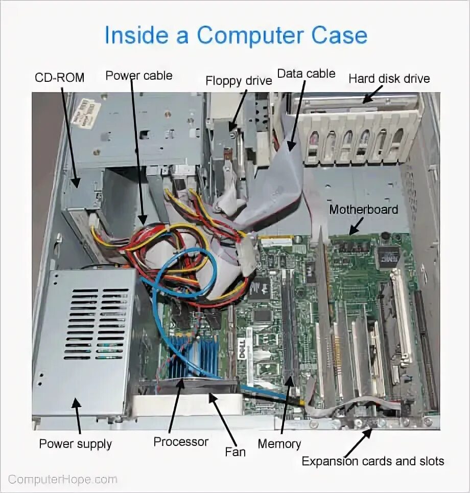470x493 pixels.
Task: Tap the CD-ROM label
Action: pos(59,78)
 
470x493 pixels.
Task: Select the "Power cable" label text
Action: pos(139,76)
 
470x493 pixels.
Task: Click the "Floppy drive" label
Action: pos(239,81)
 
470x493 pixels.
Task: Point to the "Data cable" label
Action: pos(306,74)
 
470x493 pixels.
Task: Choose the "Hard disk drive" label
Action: pos(389,79)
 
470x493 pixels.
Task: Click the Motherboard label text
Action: pos(363,210)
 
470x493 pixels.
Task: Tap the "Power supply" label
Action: pos(75,443)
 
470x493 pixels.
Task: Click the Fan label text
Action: pos(235,452)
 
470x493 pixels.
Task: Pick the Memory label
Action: pos(279,443)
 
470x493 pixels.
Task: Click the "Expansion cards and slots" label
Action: pos(372,461)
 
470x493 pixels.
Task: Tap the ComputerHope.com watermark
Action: pos(62,480)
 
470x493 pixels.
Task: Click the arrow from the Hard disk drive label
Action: pos(371,93)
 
